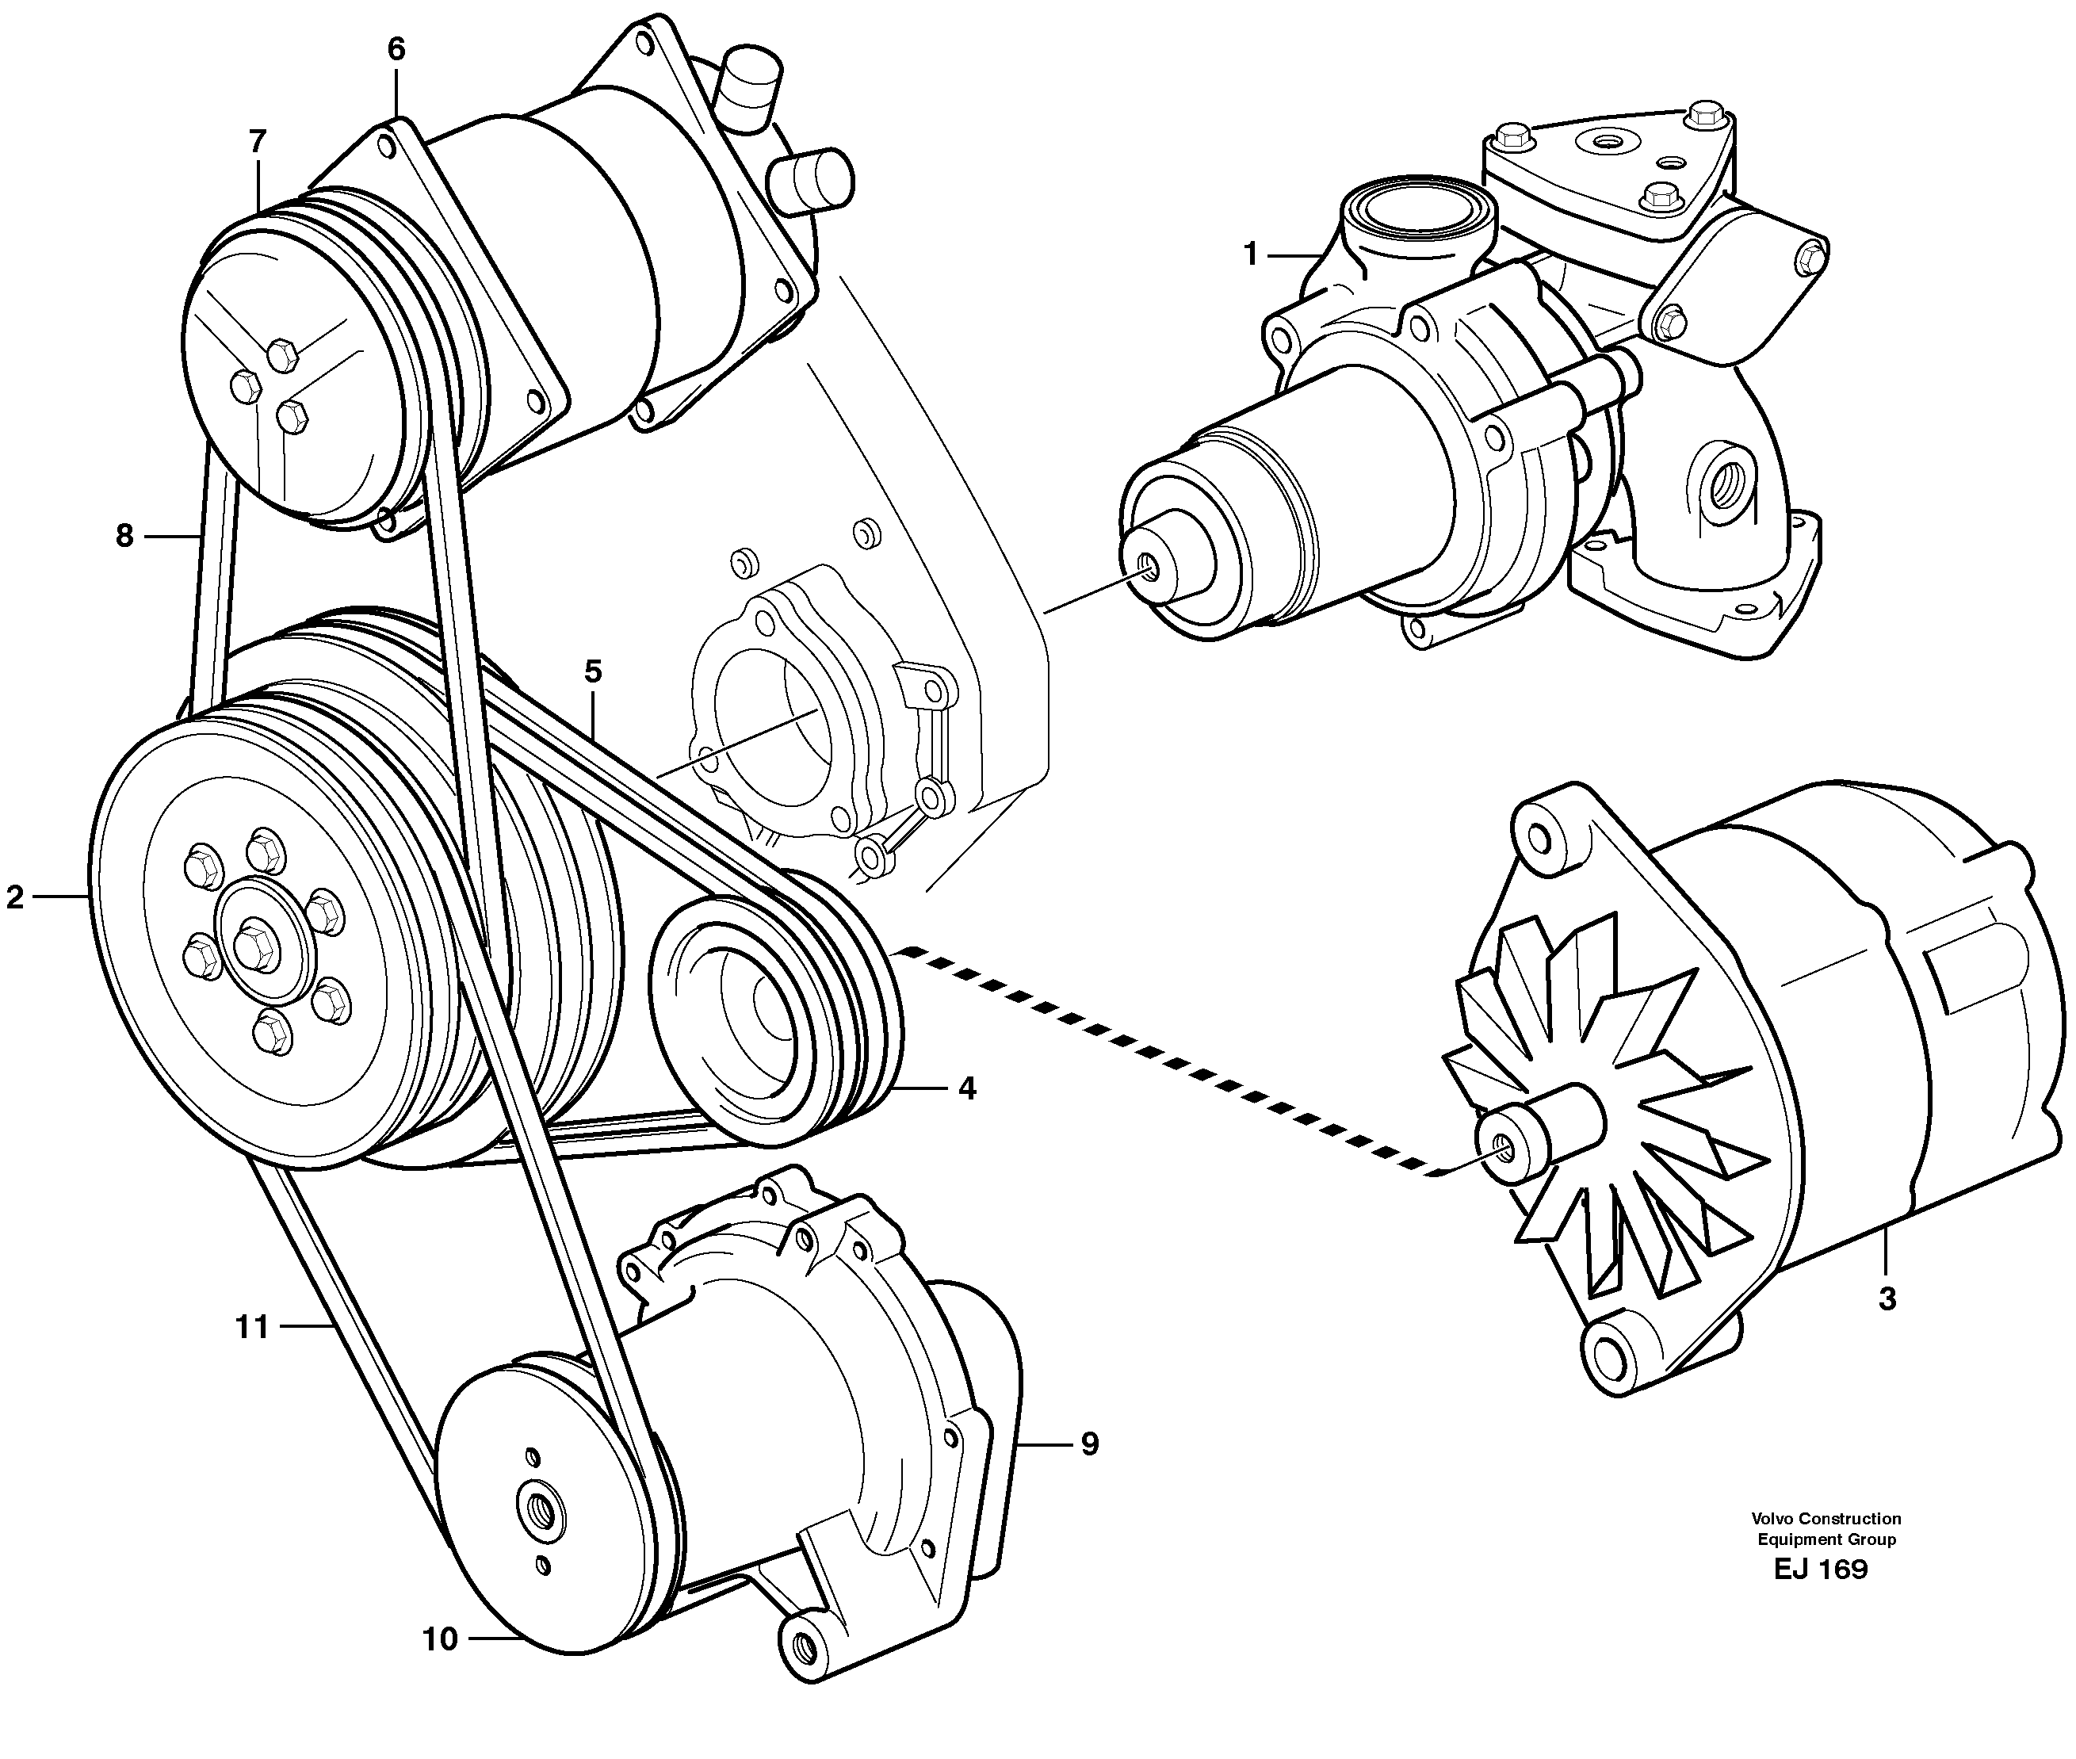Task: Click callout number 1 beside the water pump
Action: point(1250,255)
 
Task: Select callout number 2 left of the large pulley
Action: point(15,897)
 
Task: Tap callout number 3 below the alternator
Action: point(1887,1299)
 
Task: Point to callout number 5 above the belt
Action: point(593,672)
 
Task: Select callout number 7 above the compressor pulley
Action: point(258,142)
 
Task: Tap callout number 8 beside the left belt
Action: point(124,537)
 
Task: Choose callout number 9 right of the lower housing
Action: point(1090,1443)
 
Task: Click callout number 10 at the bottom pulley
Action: point(440,1639)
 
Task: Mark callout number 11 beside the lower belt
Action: point(252,1326)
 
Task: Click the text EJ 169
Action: point(1820,1570)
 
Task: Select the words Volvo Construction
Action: point(1826,1519)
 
